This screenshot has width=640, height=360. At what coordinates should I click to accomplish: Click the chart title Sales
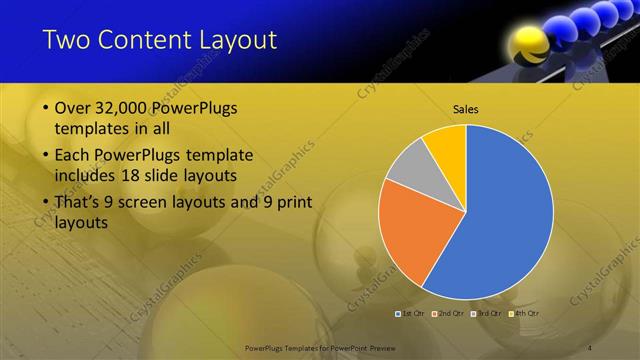(x=466, y=108)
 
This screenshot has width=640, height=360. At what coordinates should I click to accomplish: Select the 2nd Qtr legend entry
(x=449, y=314)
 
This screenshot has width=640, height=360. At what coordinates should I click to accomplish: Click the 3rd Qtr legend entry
(x=486, y=314)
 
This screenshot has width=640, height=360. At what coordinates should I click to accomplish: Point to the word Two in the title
(x=67, y=40)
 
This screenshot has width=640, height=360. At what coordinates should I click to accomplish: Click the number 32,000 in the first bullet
(x=123, y=108)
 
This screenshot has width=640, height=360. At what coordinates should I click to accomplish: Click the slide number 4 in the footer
(x=590, y=347)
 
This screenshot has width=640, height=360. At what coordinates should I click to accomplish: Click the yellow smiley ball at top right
(x=526, y=45)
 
